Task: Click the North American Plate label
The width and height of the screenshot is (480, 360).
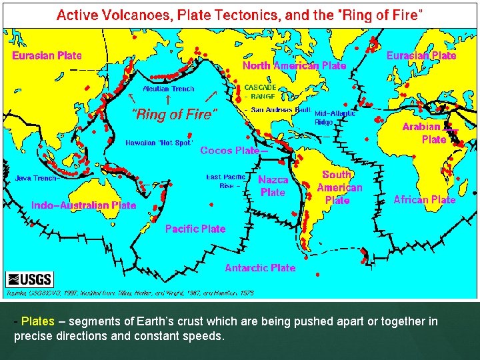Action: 294,65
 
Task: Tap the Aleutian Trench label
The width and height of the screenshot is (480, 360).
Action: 168,89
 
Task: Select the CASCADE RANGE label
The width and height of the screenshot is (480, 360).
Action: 259,92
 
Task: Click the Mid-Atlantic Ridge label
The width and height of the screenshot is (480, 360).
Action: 334,117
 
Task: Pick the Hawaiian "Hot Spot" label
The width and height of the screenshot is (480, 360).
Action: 159,142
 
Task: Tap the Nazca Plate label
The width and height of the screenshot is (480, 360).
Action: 273,186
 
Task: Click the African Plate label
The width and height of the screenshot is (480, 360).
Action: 424,199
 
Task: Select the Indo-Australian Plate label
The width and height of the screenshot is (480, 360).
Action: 83,205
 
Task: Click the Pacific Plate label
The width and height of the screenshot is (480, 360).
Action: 195,229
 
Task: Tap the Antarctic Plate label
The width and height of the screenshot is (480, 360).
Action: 260,267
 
